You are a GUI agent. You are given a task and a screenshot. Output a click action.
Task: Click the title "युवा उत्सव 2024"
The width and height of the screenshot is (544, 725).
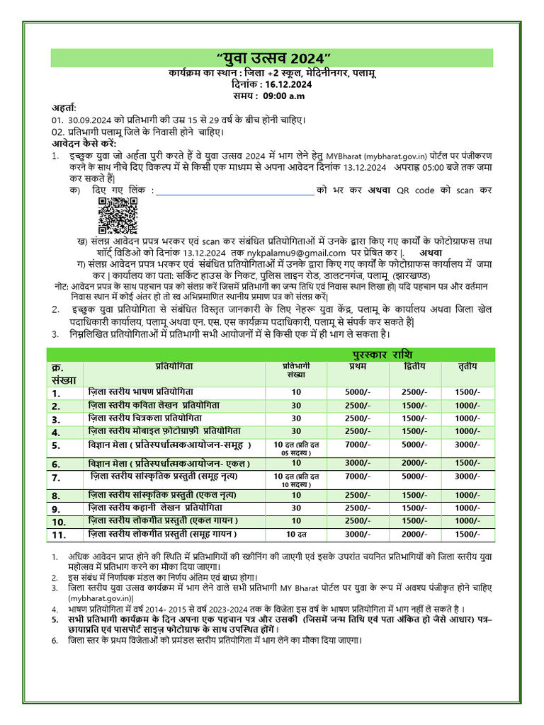click(272, 58)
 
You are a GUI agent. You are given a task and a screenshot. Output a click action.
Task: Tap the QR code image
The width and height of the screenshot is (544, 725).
click(117, 216)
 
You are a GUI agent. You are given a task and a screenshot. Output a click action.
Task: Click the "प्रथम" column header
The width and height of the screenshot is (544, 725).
click(358, 367)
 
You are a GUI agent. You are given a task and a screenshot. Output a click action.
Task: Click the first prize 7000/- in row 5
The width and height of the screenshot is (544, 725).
click(358, 445)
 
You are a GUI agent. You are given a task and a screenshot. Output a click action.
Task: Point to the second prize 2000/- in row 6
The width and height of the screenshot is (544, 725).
click(414, 463)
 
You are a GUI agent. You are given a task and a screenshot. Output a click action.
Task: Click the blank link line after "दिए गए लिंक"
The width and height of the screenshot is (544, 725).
click(234, 190)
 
